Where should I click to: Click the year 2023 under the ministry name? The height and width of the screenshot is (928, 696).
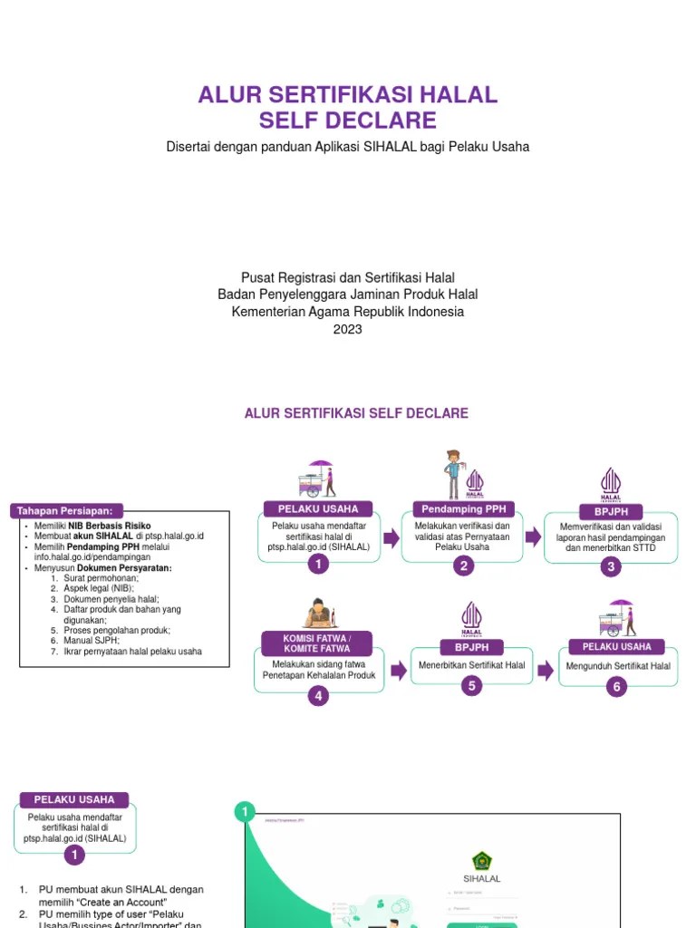click(347, 329)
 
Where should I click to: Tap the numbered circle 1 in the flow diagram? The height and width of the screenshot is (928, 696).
click(317, 565)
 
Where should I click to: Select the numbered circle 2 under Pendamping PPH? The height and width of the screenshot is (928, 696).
click(463, 566)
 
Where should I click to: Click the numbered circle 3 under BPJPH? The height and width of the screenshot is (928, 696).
click(611, 567)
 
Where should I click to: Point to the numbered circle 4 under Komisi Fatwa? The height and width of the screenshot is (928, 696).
click(317, 696)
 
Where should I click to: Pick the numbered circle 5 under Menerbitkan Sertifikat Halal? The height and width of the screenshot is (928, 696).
click(471, 686)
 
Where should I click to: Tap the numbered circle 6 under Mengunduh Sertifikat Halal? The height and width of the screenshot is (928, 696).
click(616, 687)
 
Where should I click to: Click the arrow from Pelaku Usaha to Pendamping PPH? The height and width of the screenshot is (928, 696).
click(391, 538)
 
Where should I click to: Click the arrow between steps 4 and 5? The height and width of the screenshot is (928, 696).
click(397, 670)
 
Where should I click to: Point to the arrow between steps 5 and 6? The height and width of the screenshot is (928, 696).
click(545, 670)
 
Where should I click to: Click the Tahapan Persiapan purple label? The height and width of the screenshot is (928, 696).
click(67, 511)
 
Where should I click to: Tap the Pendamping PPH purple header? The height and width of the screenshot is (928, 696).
click(463, 508)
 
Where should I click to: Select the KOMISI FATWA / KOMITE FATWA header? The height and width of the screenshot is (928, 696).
click(316, 643)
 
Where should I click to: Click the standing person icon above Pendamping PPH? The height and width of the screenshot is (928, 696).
click(452, 474)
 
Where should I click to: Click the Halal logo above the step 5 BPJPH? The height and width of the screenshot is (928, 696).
click(471, 618)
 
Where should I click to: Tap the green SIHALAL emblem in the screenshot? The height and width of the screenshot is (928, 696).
click(482, 860)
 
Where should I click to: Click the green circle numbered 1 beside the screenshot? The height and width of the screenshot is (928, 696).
click(243, 813)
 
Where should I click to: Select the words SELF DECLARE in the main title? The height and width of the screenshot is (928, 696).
click(348, 121)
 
